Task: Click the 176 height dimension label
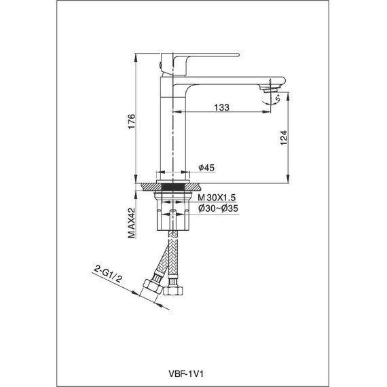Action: [132, 121]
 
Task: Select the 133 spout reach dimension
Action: [221, 107]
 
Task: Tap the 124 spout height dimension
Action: [284, 138]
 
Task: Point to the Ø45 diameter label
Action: [206, 168]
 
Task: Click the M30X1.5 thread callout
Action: [217, 198]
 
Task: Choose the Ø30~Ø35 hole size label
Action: [218, 208]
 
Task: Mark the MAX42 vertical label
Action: [132, 223]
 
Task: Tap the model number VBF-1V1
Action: [186, 374]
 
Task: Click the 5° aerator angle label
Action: [278, 98]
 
